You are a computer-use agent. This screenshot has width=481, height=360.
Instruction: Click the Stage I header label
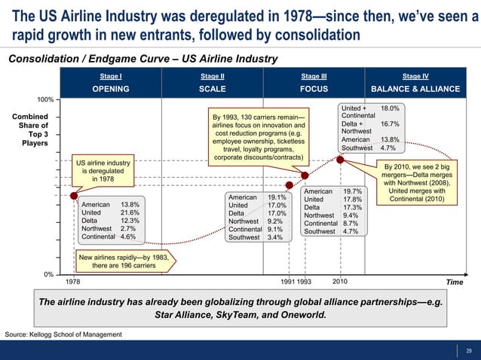pyautogui.click(x=111, y=76)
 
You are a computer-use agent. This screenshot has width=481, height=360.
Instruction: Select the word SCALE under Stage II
pyautogui.click(x=212, y=89)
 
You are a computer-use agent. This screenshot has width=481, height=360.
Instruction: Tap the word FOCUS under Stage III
pyautogui.click(x=314, y=89)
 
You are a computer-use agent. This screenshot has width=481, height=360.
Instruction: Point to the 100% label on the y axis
pyautogui.click(x=45, y=99)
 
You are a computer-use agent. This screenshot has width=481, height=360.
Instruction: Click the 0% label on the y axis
pyautogui.click(x=47, y=274)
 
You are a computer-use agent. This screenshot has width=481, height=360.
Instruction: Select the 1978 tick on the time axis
pyautogui.click(x=72, y=282)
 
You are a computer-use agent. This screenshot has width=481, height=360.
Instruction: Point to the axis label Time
pyautogui.click(x=454, y=282)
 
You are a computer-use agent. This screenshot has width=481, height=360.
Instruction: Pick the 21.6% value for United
pyautogui.click(x=130, y=213)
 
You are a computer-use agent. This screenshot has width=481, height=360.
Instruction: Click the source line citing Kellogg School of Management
pyautogui.click(x=63, y=333)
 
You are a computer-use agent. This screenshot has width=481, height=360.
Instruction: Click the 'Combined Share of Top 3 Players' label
pyautogui.click(x=29, y=130)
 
